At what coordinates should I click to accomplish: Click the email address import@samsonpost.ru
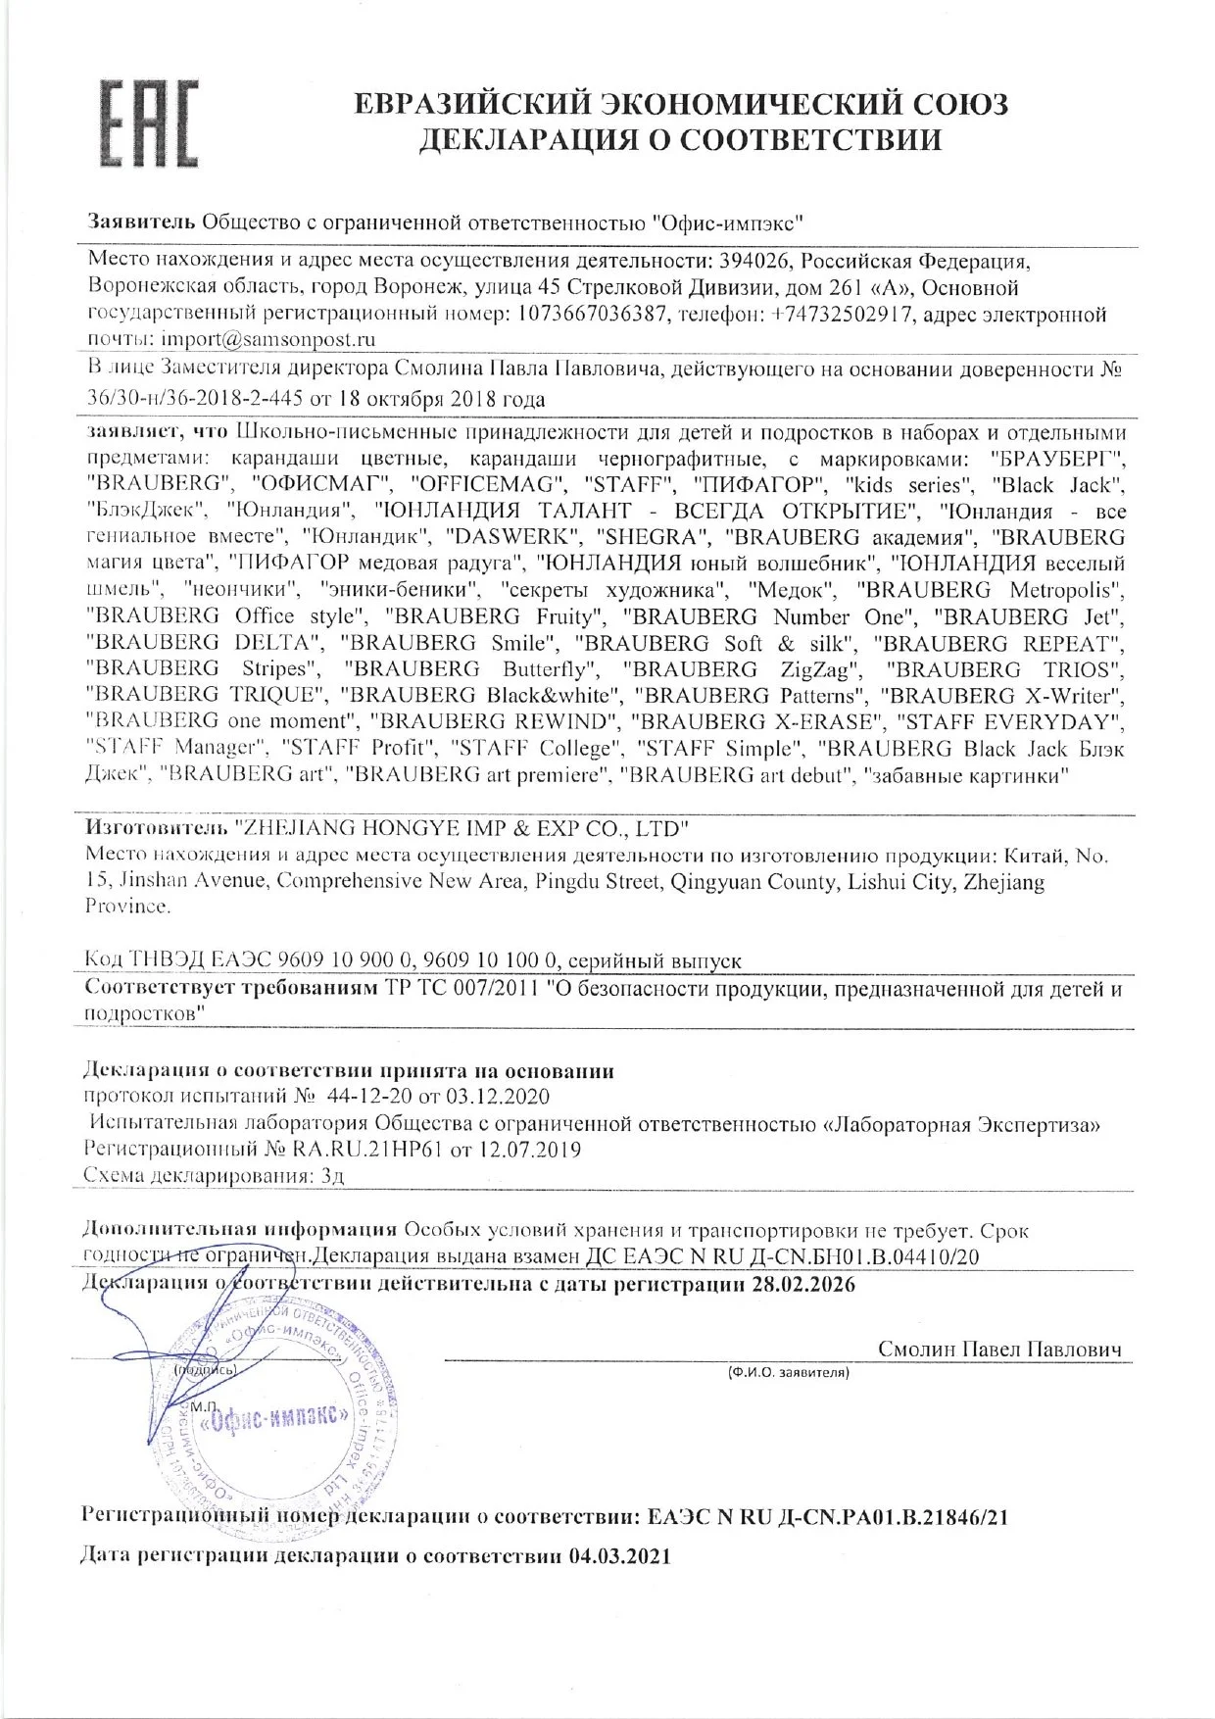pyautogui.click(x=267, y=339)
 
